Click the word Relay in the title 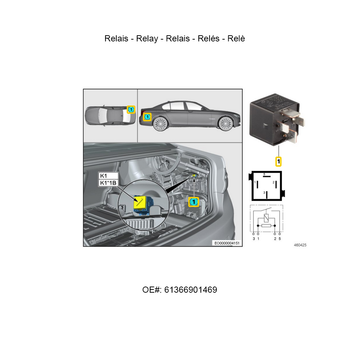[147, 39]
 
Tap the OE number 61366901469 [190, 290]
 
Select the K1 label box [108, 176]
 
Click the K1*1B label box [108, 183]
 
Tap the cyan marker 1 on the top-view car [131, 109]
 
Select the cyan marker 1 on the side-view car [147, 117]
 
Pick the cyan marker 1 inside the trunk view [194, 202]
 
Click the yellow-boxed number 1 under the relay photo [279, 162]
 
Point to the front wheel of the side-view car [226, 123]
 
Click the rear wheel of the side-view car [160, 123]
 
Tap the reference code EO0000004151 [227, 243]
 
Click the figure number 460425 [300, 245]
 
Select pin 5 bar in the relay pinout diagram [266, 176]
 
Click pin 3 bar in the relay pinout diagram [266, 195]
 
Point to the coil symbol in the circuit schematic [266, 218]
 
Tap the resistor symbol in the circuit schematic [266, 226]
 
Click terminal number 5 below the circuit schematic [280, 239]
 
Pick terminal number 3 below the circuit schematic [254, 239]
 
